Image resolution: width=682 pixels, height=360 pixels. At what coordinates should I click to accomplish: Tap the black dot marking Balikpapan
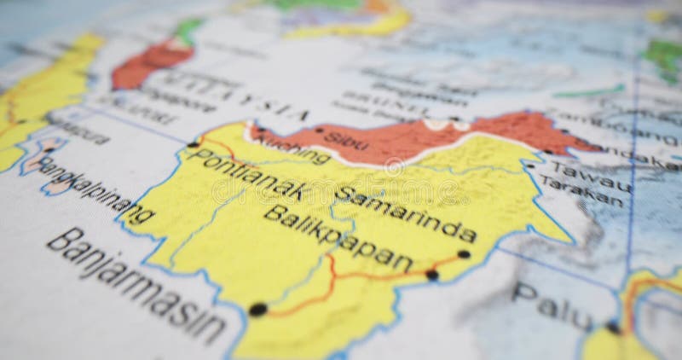point(432,275)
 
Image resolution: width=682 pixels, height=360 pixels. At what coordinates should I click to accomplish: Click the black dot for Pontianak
point(194,144)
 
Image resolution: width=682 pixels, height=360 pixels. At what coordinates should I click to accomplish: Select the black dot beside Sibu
point(319,131)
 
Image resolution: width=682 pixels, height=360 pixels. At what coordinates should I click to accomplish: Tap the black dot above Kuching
point(261,131)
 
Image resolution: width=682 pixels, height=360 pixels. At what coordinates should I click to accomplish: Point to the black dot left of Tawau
point(529,165)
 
